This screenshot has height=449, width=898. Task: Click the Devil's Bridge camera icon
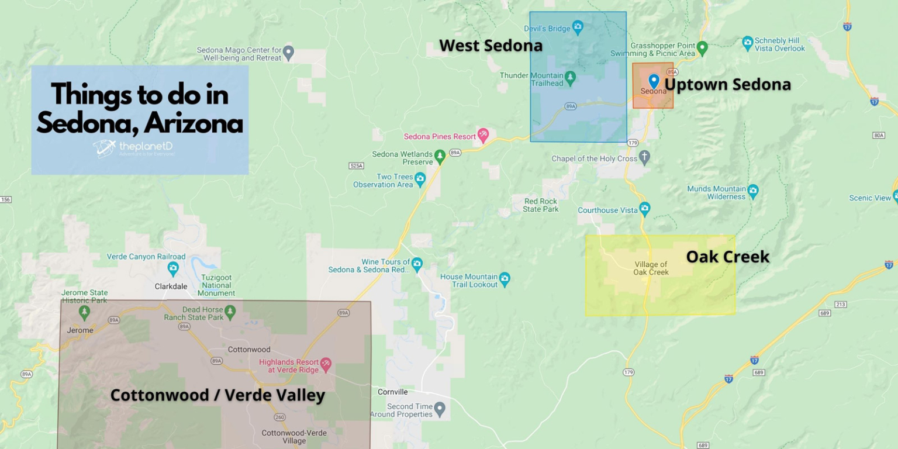click(x=578, y=26)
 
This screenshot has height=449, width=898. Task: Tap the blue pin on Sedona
click(x=654, y=80)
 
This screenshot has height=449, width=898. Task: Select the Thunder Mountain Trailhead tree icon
click(x=570, y=77)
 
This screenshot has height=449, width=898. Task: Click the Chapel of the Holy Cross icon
click(x=644, y=157)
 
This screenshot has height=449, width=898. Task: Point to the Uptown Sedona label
click(x=727, y=84)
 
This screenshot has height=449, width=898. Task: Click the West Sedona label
click(x=491, y=45)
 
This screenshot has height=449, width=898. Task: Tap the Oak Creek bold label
click(x=727, y=256)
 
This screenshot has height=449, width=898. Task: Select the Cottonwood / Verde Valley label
click(x=217, y=395)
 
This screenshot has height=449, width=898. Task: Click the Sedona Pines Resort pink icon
click(x=483, y=135)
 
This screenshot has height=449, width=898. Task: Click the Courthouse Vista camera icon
click(x=644, y=208)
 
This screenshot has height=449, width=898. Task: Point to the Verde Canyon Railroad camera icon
click(x=173, y=268)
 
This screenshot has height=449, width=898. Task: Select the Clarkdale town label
click(x=171, y=286)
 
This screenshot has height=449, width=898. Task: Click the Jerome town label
click(x=80, y=330)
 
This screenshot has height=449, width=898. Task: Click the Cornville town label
click(x=393, y=392)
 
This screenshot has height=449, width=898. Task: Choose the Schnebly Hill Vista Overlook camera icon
click(x=747, y=43)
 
